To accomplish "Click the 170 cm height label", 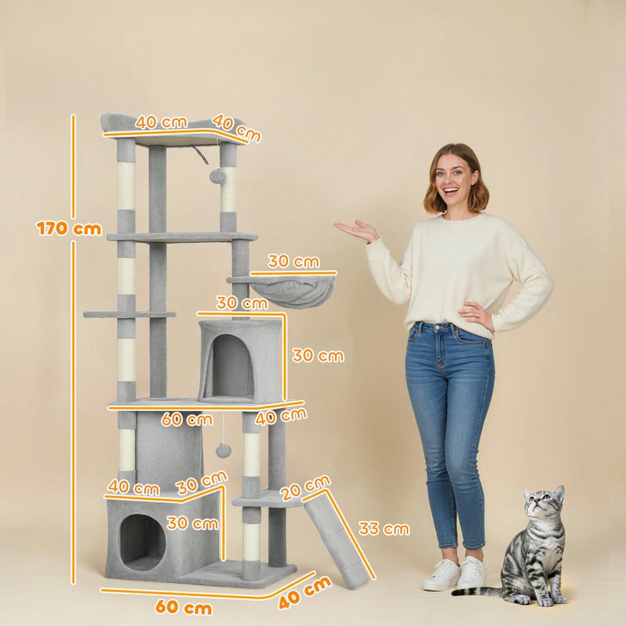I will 69,228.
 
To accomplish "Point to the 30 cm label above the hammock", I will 293,261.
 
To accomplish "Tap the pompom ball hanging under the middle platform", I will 223,450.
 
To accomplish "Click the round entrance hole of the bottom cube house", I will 143,542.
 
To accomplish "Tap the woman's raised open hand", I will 355,231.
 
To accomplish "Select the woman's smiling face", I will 453,181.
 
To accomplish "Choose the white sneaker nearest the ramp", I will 441,576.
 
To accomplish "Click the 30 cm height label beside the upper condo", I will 318,355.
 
